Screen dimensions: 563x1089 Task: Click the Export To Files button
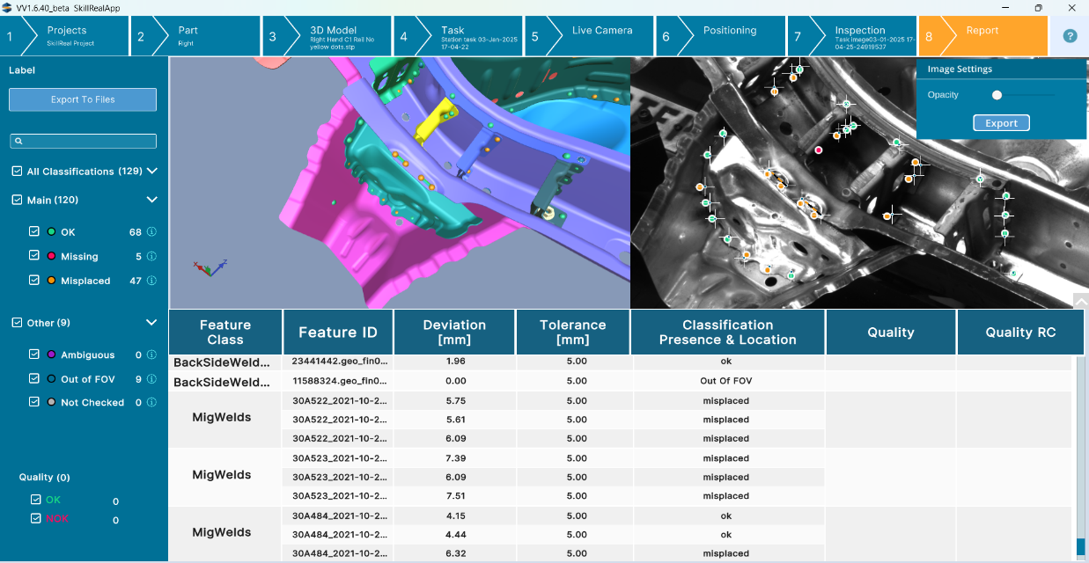tap(83, 99)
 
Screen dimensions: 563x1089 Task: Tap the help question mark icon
tap(1070, 36)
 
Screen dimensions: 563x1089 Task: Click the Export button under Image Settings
tap(1001, 123)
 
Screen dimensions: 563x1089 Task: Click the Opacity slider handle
tap(997, 95)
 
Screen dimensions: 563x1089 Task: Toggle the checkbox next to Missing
tap(34, 256)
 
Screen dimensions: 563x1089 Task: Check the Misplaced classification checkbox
tap(34, 281)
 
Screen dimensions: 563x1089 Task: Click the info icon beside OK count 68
tap(151, 232)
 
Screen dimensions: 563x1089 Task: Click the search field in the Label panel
tap(83, 141)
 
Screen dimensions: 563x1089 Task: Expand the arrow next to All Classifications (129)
tap(151, 171)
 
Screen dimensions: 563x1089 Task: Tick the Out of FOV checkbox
tap(34, 379)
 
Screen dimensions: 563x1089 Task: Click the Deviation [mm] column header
tap(454, 332)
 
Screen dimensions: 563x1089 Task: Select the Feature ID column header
tap(338, 332)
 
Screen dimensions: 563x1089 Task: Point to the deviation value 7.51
tap(455, 496)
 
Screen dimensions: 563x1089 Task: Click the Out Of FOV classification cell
tap(726, 381)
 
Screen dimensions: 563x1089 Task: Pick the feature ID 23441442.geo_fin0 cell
tap(339, 361)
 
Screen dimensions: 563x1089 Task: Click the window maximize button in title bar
tap(1038, 8)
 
